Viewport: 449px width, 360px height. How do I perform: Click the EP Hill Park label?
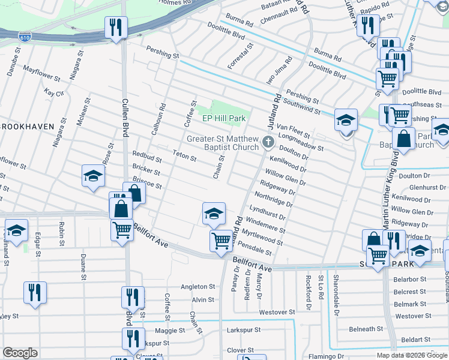tap(223, 119)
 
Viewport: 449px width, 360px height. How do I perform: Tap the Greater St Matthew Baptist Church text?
tap(223, 143)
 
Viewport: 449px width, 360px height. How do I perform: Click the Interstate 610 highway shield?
tap(24, 37)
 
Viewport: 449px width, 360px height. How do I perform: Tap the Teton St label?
tap(185, 157)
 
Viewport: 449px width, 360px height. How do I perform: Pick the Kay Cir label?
tap(54, 93)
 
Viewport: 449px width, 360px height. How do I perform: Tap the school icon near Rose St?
tap(94, 176)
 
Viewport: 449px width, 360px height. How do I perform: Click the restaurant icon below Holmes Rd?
tap(116, 26)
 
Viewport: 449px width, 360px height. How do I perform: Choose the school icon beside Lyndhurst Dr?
tap(214, 213)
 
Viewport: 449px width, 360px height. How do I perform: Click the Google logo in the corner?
tap(20, 353)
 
